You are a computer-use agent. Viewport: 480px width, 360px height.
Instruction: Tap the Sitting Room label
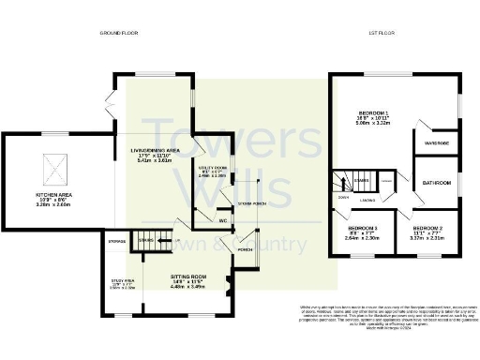[x=187, y=277]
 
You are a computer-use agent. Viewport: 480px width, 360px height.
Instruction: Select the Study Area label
[x=123, y=280]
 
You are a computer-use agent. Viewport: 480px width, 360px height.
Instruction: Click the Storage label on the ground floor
[x=117, y=241]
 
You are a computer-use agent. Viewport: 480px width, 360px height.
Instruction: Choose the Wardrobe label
[x=438, y=144]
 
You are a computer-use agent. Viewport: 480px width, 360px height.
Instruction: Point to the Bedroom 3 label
[x=362, y=228]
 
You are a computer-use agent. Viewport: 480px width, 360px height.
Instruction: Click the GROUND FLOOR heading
[x=119, y=34]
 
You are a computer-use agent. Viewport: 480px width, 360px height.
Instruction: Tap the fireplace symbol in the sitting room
[x=228, y=280]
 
